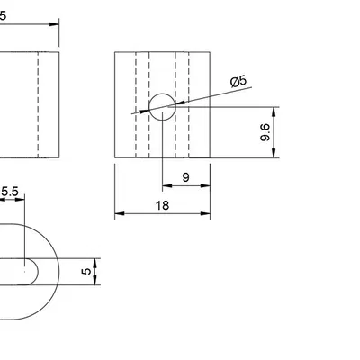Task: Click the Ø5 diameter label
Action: [x=239, y=82]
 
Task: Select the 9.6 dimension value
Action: [x=265, y=134]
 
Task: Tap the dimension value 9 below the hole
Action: [x=185, y=177]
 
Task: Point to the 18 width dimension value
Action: [x=163, y=204]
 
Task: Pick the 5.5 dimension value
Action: [x=11, y=191]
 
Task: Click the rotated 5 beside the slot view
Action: [x=86, y=269]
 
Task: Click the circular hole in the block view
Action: [x=163, y=106]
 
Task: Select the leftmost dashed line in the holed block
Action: [x=136, y=106]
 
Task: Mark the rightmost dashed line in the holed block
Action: [x=190, y=106]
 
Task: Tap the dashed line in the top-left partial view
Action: [x=37, y=106]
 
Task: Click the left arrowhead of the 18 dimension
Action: [x=119, y=214]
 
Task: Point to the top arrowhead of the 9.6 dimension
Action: [x=274, y=110]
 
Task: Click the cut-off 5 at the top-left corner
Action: [x=4, y=15]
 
